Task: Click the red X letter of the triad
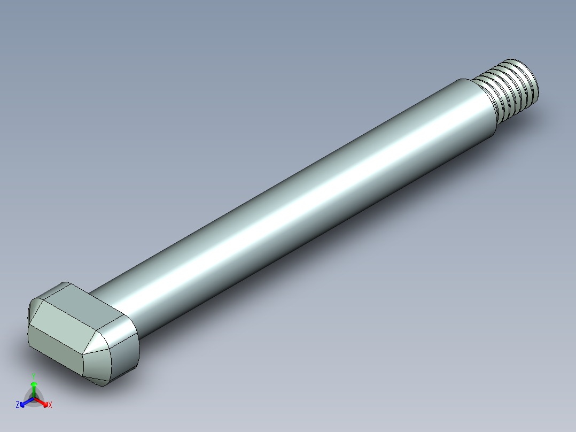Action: pyautogui.click(x=50, y=405)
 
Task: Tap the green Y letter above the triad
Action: pyautogui.click(x=34, y=375)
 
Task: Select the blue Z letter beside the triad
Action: pyautogui.click(x=18, y=405)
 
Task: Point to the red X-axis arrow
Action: pyautogui.click(x=43, y=402)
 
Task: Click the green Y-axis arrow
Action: pyautogui.click(x=34, y=387)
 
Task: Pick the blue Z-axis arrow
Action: pyautogui.click(x=25, y=403)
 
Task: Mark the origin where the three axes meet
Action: pyautogui.click(x=34, y=398)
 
